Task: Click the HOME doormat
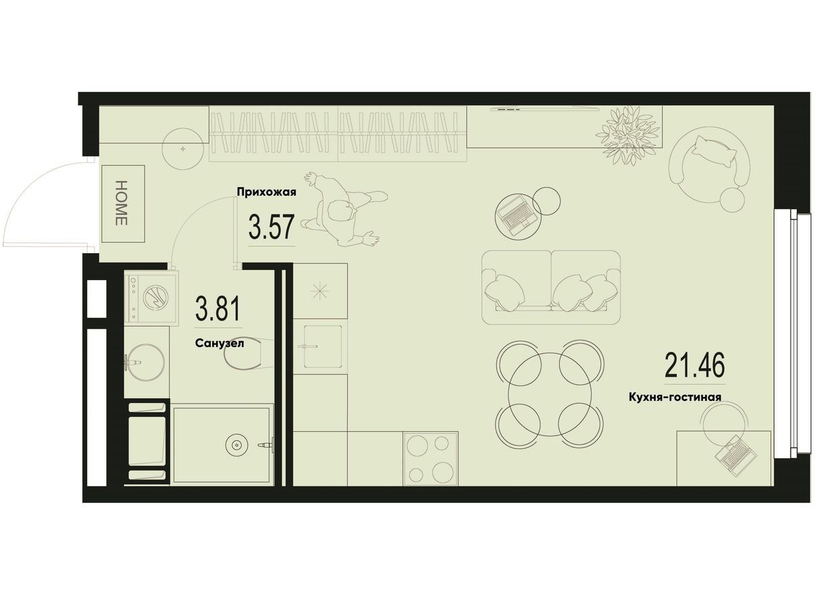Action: click(x=124, y=203)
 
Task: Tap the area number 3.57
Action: click(x=270, y=227)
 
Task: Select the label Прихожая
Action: click(x=266, y=192)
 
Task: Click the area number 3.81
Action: click(x=217, y=308)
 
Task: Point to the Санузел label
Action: click(x=219, y=343)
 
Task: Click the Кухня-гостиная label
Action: click(x=675, y=397)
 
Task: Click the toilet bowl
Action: click(x=248, y=354)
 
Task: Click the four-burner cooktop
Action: click(x=430, y=459)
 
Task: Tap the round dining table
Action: click(x=550, y=395)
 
